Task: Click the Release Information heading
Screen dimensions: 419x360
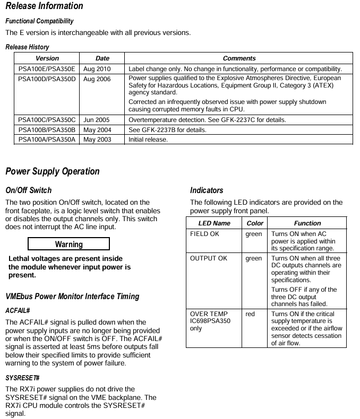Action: coord(44,6)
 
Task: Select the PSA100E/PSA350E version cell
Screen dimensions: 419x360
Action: coord(47,69)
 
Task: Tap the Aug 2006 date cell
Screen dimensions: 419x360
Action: coord(97,79)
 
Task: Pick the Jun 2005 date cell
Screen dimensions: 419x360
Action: coord(96,120)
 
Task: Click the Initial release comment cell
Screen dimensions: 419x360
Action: coord(148,139)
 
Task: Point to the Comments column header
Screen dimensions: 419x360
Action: coord(239,58)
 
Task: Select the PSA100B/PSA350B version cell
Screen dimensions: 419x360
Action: coord(47,130)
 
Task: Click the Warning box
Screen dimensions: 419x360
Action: coord(68,245)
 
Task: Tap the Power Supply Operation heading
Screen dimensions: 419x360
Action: coord(52,171)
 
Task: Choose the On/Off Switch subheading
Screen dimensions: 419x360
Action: coord(28,190)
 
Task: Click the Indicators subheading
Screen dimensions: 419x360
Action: coord(207,190)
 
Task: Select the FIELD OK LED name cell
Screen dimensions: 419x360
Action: coord(204,234)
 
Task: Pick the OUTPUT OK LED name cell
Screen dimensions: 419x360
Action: coord(208,258)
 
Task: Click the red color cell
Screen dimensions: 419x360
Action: coord(250,314)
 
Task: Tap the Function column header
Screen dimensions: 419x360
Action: coord(307,223)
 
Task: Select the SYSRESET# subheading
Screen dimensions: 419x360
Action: coord(23,378)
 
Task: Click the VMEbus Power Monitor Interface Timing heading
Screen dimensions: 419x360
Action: coord(72,296)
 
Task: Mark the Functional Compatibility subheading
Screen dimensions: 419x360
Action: coord(39,21)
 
